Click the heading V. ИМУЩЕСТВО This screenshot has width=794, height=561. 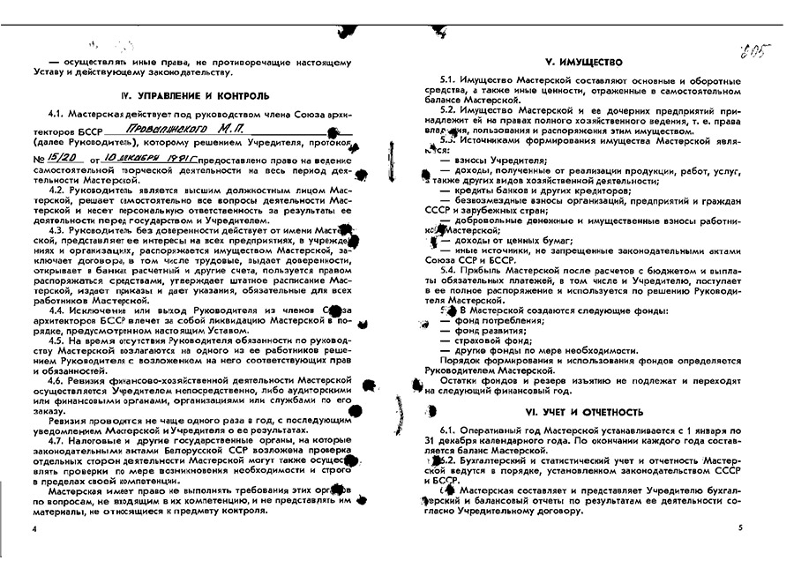[583, 64]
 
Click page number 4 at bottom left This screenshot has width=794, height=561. [34, 527]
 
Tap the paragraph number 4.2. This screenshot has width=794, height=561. [56, 189]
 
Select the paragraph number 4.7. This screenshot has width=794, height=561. [56, 439]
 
